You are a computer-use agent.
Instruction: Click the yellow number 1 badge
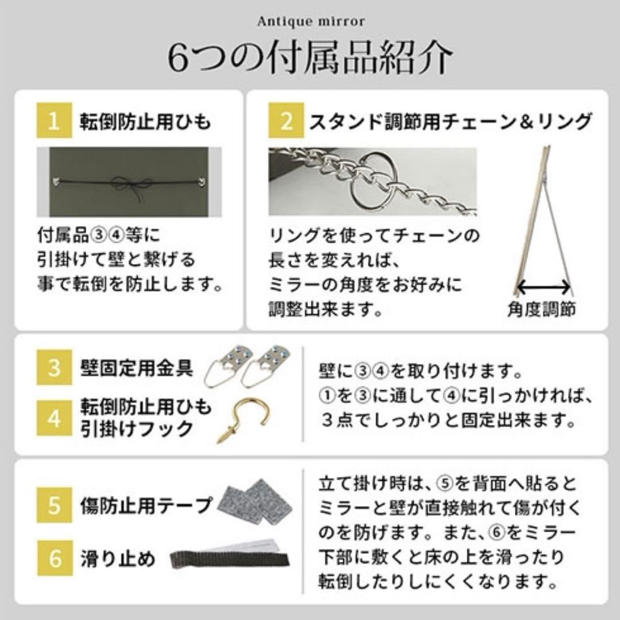click(x=55, y=121)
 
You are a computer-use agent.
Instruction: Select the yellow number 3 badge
click(x=55, y=368)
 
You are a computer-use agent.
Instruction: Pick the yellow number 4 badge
click(x=55, y=418)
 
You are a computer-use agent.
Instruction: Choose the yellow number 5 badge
click(x=55, y=505)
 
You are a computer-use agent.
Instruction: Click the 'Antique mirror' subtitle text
click(x=310, y=22)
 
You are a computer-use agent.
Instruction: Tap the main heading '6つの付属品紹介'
click(x=310, y=57)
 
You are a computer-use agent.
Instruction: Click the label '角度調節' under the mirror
click(x=541, y=311)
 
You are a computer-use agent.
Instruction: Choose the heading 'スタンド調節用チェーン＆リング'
click(x=450, y=122)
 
